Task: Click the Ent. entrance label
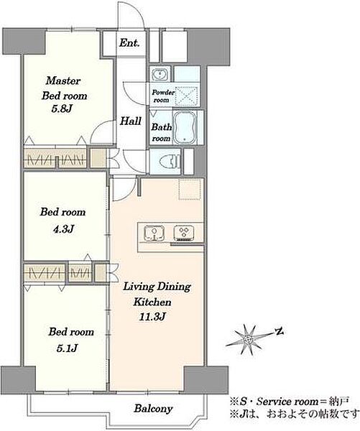[129, 43]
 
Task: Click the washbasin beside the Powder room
[160, 74]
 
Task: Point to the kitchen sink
[154, 233]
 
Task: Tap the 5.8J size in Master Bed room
[62, 109]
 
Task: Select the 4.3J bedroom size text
[63, 228]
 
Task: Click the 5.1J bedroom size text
[67, 348]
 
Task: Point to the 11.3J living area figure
[152, 317]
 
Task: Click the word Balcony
[153, 409]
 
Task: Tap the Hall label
[131, 121]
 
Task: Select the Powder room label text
[163, 96]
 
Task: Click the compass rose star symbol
[249, 340]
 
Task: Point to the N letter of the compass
[280, 332]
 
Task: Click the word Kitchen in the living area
[152, 302]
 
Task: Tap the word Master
[63, 80]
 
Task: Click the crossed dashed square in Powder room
[186, 96]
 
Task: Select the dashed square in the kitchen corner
[190, 190]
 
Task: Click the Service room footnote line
[290, 402]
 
